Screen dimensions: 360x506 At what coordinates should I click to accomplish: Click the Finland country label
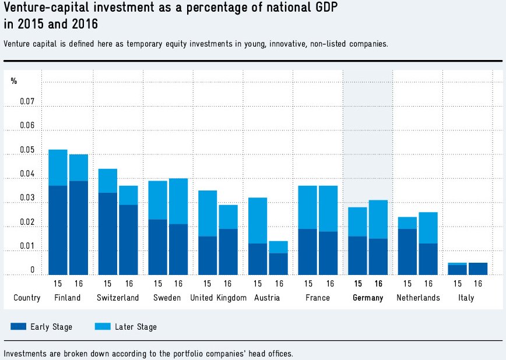pyautogui.click(x=67, y=298)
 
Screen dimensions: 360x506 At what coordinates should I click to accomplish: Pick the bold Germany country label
pyautogui.click(x=368, y=298)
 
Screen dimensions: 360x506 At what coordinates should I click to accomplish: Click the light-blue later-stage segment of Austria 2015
pyautogui.click(x=257, y=220)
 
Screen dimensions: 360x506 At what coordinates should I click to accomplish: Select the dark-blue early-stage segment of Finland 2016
pyautogui.click(x=79, y=227)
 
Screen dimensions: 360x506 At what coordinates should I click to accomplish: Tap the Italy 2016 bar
pyautogui.click(x=478, y=269)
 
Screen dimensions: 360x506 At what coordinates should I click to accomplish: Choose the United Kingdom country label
pyautogui.click(x=218, y=298)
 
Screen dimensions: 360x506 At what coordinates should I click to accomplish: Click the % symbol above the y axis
pyautogui.click(x=14, y=80)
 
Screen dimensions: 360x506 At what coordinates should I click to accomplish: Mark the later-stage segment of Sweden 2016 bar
pyautogui.click(x=178, y=201)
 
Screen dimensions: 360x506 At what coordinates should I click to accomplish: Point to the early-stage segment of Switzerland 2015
pyautogui.click(x=108, y=233)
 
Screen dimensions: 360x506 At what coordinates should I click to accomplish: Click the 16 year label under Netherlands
pyautogui.click(x=428, y=284)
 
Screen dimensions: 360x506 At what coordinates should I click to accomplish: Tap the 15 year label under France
pyautogui.click(x=307, y=284)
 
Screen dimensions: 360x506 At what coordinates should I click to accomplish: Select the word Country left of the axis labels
pyautogui.click(x=27, y=298)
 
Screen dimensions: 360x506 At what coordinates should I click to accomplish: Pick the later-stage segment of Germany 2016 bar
pyautogui.click(x=378, y=219)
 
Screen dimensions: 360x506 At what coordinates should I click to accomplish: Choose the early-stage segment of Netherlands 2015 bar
pyautogui.click(x=407, y=251)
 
